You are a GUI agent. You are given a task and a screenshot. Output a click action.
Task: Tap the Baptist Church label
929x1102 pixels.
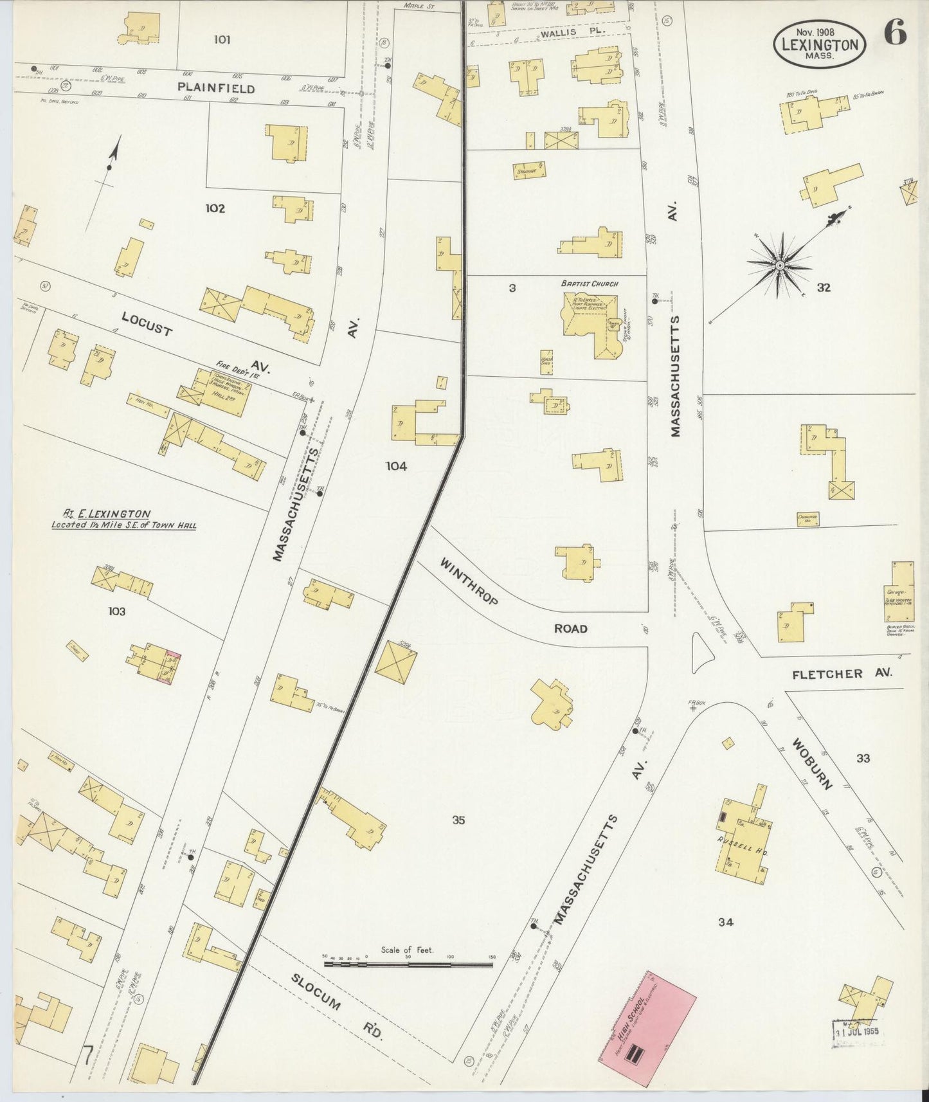[x=589, y=284]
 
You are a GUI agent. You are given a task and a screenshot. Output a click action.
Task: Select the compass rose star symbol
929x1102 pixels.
[x=779, y=265]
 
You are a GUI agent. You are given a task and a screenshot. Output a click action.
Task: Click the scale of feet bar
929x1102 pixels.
[x=408, y=964]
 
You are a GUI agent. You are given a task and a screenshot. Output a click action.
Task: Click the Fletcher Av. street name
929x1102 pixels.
[x=842, y=674]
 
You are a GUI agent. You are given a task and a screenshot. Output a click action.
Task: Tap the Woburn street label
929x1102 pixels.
[x=813, y=764]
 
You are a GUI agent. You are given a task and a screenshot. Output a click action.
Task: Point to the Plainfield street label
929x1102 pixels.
[x=216, y=88]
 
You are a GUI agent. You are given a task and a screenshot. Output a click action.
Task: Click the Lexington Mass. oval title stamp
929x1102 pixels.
[x=819, y=44]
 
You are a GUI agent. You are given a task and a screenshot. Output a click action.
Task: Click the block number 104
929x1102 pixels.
[x=396, y=466]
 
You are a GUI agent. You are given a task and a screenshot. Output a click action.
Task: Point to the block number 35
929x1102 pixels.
[x=458, y=820]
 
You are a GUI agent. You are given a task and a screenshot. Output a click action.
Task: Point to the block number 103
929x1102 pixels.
[x=116, y=611]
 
